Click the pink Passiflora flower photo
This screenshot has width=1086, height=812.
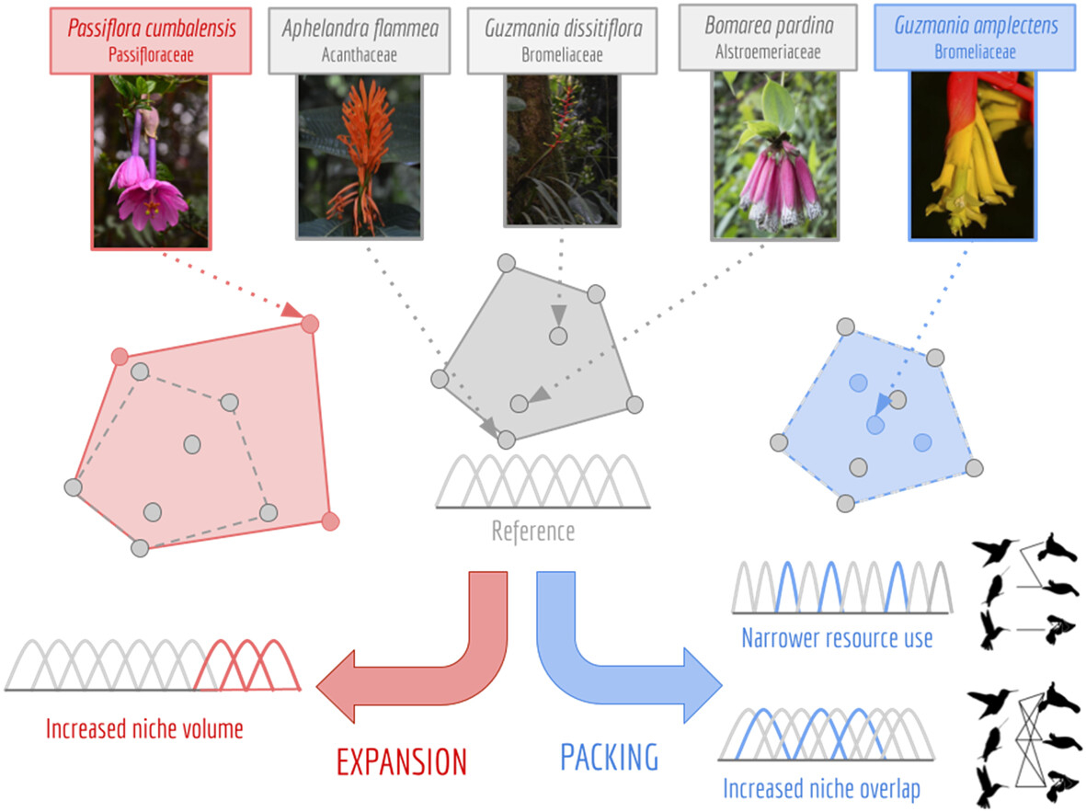coord(151,161)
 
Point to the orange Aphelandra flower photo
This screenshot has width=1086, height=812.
coord(360,156)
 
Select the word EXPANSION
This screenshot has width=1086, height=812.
coord(401,761)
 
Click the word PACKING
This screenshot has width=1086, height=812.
coord(609,757)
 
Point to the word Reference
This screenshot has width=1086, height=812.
coord(532,531)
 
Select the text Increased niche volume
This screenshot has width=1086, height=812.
coord(144,730)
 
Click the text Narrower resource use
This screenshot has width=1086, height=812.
coord(837,637)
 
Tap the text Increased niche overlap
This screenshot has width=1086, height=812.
coord(821,788)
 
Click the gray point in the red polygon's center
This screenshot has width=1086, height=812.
coord(191,444)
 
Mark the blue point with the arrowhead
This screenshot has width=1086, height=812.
coord(875,425)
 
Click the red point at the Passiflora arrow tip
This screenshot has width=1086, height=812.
coord(310,324)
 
